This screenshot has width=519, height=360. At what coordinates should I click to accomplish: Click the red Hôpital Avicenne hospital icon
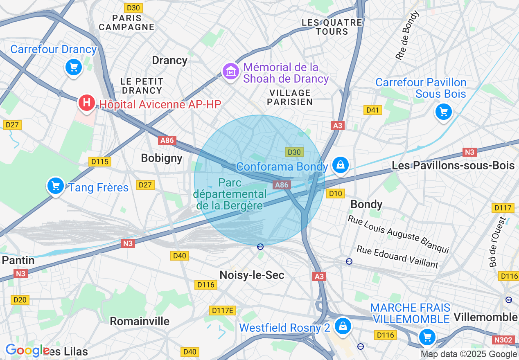click(x=86, y=102)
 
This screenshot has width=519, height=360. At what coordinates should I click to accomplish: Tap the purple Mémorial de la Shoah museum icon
click(x=231, y=72)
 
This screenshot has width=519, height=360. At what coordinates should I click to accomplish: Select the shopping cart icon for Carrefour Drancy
click(x=74, y=67)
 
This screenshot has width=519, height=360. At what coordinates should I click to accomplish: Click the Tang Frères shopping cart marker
click(x=56, y=186)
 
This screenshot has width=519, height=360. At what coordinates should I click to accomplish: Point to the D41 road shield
click(x=372, y=110)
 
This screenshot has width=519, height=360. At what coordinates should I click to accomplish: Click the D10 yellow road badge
click(x=336, y=193)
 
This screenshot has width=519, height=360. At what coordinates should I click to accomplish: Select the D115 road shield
click(x=100, y=162)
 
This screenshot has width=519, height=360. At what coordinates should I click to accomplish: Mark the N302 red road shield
click(x=503, y=340)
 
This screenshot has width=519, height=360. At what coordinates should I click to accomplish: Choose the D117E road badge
click(x=223, y=310)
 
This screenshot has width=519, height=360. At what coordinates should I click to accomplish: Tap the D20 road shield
click(x=20, y=300)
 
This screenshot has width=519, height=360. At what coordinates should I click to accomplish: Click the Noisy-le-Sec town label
click(x=252, y=275)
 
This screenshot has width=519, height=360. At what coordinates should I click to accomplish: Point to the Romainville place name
click(x=140, y=321)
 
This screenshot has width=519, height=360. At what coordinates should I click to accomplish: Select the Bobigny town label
click(x=161, y=158)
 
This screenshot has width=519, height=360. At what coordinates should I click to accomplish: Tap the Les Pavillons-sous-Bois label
click(x=453, y=166)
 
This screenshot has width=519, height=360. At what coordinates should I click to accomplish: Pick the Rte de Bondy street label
click(x=407, y=36)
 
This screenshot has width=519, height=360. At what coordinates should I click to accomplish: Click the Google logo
click(x=27, y=351)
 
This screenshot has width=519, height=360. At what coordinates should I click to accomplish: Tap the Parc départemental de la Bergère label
click(x=230, y=194)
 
